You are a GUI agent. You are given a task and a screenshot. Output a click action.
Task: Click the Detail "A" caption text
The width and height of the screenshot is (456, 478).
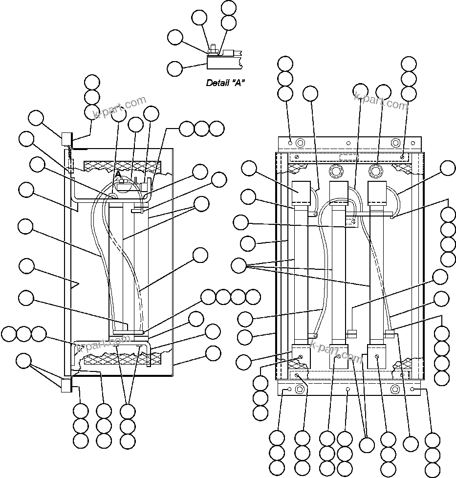225,83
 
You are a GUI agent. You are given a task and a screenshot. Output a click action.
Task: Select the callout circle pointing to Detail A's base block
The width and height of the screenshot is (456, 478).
175,68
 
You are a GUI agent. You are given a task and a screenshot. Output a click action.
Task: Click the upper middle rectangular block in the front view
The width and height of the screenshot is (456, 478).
339,194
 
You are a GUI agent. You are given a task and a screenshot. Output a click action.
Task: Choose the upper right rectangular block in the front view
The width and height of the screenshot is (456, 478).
377,194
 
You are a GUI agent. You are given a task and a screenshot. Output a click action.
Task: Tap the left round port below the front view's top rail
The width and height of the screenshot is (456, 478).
336,171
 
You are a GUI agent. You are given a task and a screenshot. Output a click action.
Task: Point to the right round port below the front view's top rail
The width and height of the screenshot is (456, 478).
375,171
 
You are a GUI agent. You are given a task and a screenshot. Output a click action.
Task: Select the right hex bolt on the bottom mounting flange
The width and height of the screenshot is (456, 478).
395,390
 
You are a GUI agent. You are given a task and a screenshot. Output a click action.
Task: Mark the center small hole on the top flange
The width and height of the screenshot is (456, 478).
347,144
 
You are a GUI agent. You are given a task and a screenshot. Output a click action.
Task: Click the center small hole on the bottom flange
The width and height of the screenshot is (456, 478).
347,390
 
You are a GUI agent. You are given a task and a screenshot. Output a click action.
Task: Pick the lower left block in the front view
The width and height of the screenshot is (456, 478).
301,355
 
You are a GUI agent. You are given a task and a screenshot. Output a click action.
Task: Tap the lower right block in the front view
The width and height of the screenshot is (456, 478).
377,355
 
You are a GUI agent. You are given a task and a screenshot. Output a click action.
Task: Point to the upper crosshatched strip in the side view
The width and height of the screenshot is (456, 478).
122,166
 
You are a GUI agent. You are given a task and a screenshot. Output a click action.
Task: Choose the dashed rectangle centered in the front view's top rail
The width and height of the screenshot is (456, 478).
348,157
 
